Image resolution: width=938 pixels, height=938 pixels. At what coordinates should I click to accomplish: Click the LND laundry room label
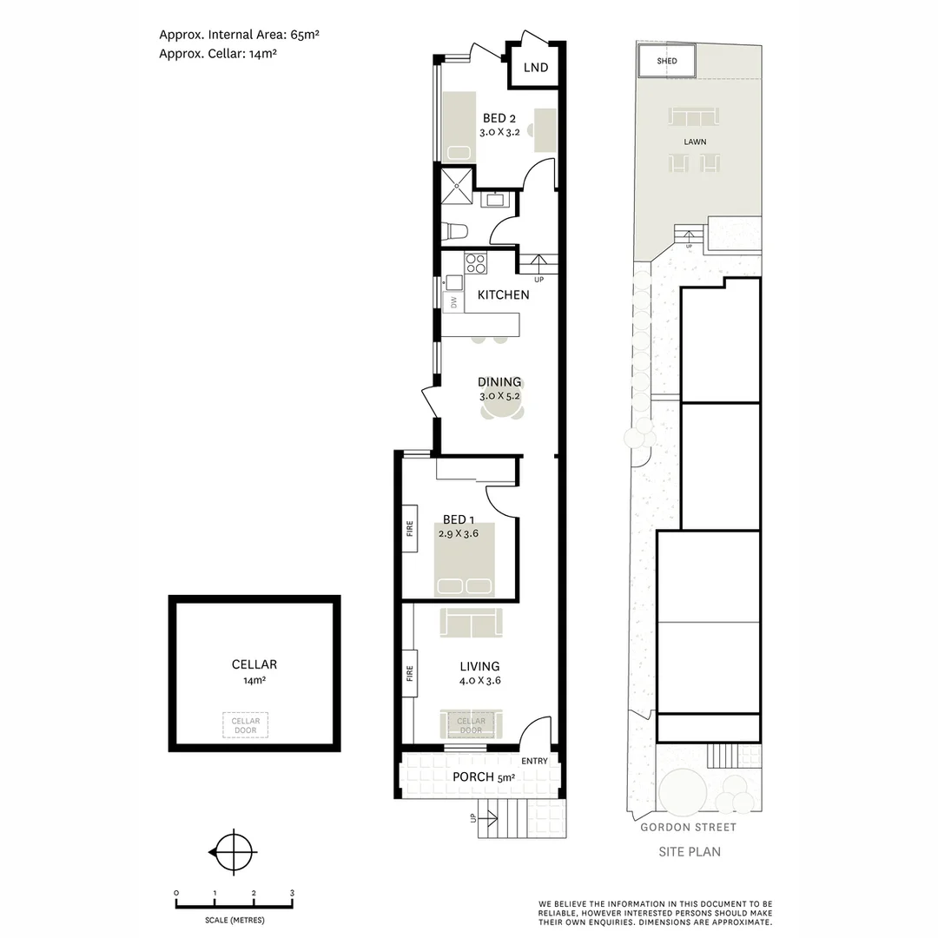pos(536,67)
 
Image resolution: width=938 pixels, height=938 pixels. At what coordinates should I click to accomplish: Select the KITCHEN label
pos(503,294)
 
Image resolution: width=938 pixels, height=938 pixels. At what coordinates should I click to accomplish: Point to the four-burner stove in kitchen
pos(475,263)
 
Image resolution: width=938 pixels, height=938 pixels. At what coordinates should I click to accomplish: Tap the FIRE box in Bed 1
pos(410,528)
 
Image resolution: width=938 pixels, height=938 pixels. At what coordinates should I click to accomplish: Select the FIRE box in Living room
pos(410,672)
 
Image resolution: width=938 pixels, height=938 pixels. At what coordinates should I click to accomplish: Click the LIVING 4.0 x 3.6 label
pos(480,673)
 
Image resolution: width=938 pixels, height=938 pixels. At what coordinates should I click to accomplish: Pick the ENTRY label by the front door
pos(535,761)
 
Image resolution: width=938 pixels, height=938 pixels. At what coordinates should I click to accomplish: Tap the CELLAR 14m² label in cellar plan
pos(254,671)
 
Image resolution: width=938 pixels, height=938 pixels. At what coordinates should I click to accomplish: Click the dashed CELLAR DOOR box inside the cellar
pos(246,725)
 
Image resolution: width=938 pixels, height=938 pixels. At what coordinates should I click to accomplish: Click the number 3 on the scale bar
pos(293,893)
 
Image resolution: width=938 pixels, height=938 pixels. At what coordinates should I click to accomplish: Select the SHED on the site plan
pos(667,62)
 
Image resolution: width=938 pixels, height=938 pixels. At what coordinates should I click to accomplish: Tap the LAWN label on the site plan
pos(694,141)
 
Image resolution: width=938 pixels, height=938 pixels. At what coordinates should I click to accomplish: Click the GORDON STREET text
pos(688,828)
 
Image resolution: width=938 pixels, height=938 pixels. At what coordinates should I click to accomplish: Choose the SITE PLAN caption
pos(690,852)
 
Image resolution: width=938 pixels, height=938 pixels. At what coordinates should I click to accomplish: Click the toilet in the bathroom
pos(454,230)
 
